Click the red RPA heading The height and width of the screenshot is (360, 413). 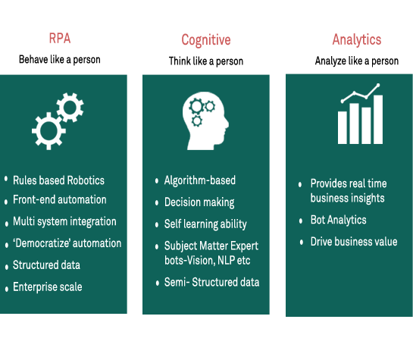pos(60,39)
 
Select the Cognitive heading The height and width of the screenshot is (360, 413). pos(206,40)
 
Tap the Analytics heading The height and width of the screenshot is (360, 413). pos(357,39)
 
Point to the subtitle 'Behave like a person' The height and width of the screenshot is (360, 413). pos(60,60)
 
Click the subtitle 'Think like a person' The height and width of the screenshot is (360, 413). pos(206,61)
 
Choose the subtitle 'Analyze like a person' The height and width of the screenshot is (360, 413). pos(357,61)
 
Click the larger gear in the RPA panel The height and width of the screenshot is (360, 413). pos(48,131)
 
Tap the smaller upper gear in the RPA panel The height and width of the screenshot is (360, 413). pos(70,107)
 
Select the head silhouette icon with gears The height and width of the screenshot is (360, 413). pos(205,121)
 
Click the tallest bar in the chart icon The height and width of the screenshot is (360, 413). pos(378,120)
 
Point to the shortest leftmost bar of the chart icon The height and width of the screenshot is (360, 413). pos(343,128)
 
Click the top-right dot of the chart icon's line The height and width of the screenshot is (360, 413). pos(378,85)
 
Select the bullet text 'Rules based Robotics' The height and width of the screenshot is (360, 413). pos(58,180)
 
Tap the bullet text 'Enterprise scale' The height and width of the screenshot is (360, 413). pos(48,286)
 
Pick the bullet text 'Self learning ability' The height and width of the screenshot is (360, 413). pos(205,224)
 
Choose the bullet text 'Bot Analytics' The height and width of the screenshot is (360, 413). pos(338,220)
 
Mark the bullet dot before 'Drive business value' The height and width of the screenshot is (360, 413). pos(302,242)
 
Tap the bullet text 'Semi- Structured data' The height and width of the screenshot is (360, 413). pos(211,282)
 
